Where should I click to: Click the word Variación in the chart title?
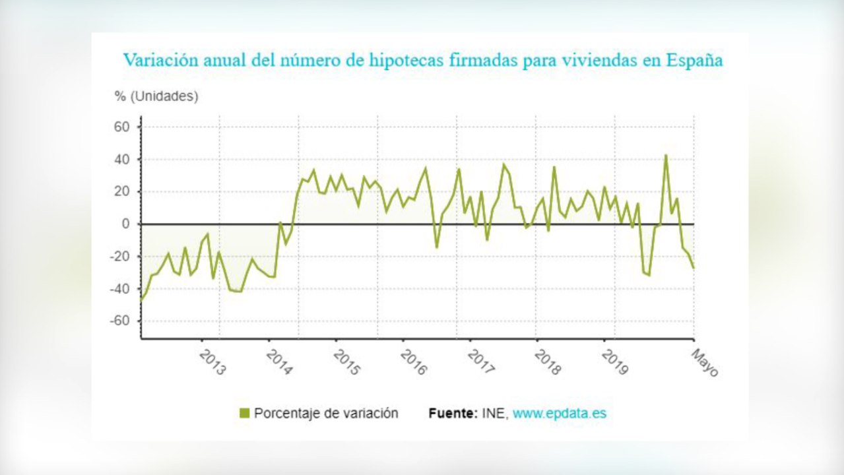coord(156,60)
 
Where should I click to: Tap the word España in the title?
coord(694,60)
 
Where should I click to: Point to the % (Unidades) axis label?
coord(156,96)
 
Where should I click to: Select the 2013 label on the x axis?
coord(212,362)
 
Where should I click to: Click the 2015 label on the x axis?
coord(346,362)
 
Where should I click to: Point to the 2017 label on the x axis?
coord(481,362)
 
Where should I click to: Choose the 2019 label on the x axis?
coord(616,362)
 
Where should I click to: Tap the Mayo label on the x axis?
coord(704,363)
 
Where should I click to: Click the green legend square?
coord(244,414)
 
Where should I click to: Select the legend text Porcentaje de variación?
coord(326,414)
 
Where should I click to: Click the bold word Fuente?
coord(452,414)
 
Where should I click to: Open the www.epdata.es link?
coord(559,414)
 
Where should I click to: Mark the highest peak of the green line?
coord(666,155)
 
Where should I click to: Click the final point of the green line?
coord(694,268)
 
